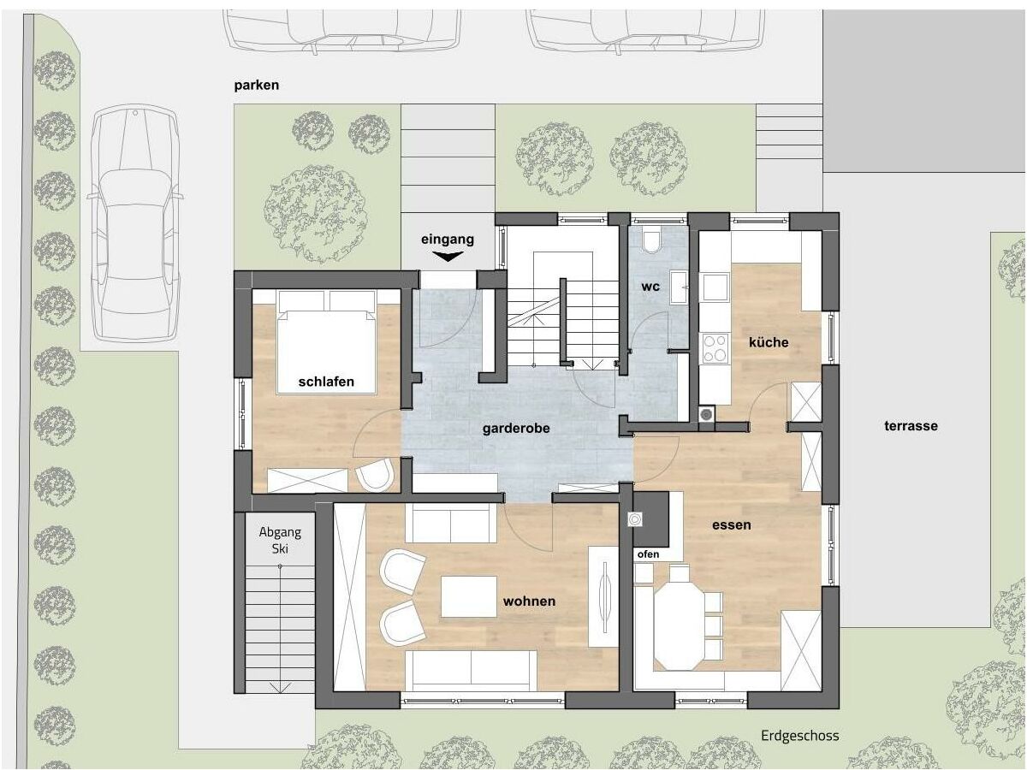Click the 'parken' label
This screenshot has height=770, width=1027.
click(x=257, y=86)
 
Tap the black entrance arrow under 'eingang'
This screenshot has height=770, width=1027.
click(x=448, y=256)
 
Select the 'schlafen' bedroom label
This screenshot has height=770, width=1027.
click(x=326, y=382)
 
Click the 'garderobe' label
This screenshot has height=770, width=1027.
click(x=516, y=429)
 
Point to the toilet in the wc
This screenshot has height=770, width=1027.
click(x=651, y=240)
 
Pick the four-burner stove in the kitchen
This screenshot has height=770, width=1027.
click(x=715, y=348)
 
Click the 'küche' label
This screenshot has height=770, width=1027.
click(x=769, y=342)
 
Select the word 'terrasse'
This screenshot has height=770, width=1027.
click(x=911, y=426)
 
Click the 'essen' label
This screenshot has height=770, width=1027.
click(x=732, y=525)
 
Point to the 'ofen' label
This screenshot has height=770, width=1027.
click(x=649, y=554)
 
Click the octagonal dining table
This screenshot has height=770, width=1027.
click(x=680, y=618)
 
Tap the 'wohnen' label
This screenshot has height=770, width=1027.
click(x=530, y=601)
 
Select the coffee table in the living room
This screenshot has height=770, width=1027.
click(x=469, y=597)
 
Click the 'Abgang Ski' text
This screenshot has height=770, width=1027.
click(x=280, y=540)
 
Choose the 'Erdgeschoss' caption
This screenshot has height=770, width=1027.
click(x=800, y=736)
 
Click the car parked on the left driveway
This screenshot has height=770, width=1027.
click(x=134, y=223)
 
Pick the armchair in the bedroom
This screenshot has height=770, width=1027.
click(x=375, y=475)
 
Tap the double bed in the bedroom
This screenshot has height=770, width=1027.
click(x=327, y=342)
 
